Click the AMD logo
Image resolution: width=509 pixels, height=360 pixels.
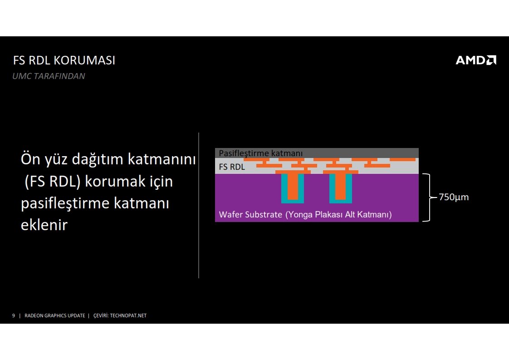tap(476, 60)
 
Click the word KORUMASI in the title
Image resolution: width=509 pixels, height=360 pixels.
tap(84, 60)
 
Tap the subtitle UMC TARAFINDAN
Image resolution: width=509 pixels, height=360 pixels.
tap(49, 76)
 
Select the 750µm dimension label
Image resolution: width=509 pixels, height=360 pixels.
tap(454, 197)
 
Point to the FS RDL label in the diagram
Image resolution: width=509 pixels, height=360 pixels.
tap(232, 167)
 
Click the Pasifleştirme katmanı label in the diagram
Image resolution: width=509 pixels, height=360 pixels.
tap(261, 153)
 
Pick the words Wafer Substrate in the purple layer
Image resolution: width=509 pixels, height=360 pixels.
tap(250, 214)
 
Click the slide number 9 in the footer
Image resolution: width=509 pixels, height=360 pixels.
tap(13, 316)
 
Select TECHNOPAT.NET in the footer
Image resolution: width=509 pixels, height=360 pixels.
tap(128, 316)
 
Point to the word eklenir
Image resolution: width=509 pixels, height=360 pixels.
tap(44, 225)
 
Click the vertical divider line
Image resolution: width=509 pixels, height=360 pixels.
tap(199, 205)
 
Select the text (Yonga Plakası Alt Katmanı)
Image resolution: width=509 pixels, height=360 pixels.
tap(338, 214)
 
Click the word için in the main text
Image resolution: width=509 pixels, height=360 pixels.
tap(162, 182)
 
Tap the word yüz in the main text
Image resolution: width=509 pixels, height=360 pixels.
tap(56, 160)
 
